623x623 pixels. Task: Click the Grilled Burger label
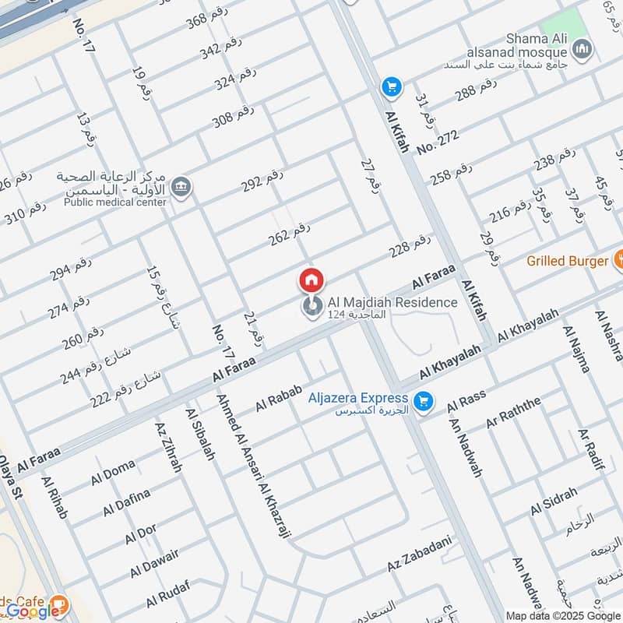pyautogui.click(x=566, y=261)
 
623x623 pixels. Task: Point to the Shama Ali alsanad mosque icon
pyautogui.click(x=581, y=51)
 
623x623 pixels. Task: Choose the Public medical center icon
pyautogui.click(x=181, y=188)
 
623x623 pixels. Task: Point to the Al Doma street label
pyautogui.click(x=113, y=472)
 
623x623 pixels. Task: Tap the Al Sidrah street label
pyautogui.click(x=554, y=502)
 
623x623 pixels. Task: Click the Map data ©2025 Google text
pyautogui.click(x=561, y=615)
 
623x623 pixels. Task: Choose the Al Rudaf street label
pyautogui.click(x=167, y=597)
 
